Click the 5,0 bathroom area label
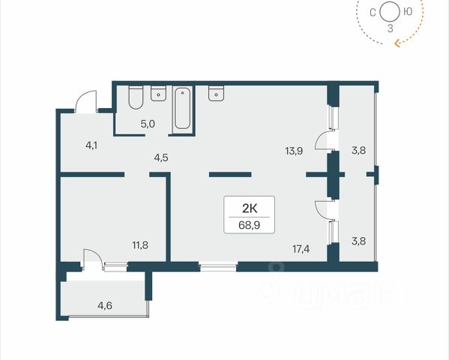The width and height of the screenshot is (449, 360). point(148,124)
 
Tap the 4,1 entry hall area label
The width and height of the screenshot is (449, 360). point(91,145)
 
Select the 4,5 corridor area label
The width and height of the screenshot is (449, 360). point(161,158)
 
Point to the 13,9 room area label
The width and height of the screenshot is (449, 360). point(294,151)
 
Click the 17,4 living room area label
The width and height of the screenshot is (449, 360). point(301,249)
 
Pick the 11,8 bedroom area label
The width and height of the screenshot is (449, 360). point(140,245)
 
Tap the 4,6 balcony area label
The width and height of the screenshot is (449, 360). point(105,306)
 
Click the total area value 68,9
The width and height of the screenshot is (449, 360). point(249,225)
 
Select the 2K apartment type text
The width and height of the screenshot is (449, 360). point(250,208)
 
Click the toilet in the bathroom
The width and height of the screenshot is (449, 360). point(136,97)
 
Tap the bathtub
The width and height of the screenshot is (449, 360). point(182,108)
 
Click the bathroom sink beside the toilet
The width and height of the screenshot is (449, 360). point(158,93)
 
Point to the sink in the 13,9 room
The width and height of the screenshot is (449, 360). point(216,93)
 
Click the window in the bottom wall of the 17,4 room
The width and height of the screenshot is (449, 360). point(218,267)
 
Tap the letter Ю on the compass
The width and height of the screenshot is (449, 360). point(408,12)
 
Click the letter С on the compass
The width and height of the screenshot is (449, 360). point(373,13)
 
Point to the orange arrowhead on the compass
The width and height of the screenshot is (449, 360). point(398,43)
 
